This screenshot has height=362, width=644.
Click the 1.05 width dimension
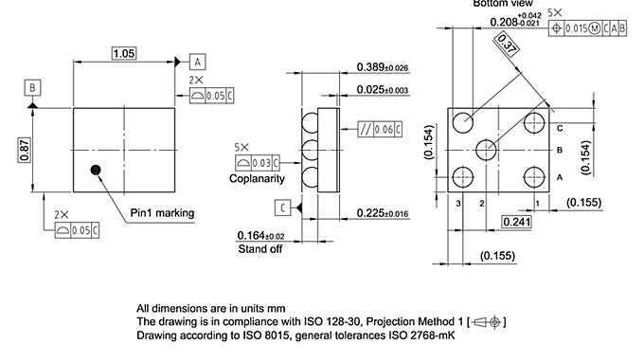click(x=123, y=54)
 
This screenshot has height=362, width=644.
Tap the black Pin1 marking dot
click(x=95, y=170)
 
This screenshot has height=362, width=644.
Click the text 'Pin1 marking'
click(x=162, y=213)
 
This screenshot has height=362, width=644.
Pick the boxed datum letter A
click(x=198, y=61)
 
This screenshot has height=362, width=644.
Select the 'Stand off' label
click(x=261, y=248)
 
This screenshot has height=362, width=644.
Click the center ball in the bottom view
click(x=487, y=149)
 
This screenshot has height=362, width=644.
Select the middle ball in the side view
click(x=309, y=149)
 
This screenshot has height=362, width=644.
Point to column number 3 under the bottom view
click(x=457, y=203)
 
